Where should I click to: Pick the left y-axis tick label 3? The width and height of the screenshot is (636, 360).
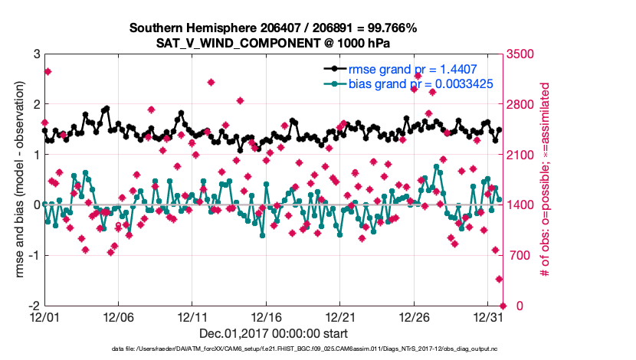tap(36, 54)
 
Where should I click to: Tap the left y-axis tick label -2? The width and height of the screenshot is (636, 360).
tap(34, 306)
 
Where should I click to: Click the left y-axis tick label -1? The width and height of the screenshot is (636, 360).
tap(34, 255)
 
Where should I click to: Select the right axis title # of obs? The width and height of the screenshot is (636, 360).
tap(546, 180)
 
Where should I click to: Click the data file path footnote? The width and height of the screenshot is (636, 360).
tap(273, 349)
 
